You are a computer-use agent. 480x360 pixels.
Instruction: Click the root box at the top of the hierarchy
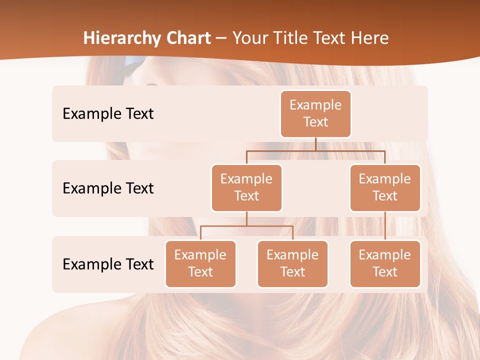pyautogui.click(x=315, y=113)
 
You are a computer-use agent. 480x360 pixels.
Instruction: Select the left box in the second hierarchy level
pyautogui.click(x=246, y=187)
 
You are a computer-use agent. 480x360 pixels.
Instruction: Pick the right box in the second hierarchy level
pyautogui.click(x=385, y=187)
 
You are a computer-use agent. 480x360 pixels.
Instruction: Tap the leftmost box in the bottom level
pyautogui.click(x=200, y=263)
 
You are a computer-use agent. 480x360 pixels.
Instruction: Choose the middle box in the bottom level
pyautogui.click(x=292, y=263)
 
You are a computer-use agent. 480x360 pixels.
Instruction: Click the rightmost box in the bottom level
pyautogui.click(x=385, y=263)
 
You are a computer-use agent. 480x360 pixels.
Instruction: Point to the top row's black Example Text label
pyautogui.click(x=108, y=114)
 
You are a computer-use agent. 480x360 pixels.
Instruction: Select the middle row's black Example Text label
pyautogui.click(x=108, y=188)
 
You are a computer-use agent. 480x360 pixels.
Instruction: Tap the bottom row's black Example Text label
pyautogui.click(x=108, y=264)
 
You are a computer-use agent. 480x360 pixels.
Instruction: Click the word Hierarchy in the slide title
pyautogui.click(x=121, y=38)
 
